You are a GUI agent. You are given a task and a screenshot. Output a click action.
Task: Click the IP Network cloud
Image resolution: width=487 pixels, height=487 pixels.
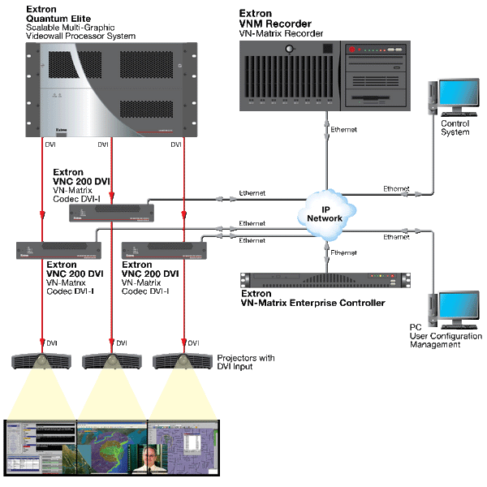[x=324, y=214]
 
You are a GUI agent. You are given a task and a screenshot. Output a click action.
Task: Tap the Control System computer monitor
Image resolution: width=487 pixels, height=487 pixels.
[x=459, y=97]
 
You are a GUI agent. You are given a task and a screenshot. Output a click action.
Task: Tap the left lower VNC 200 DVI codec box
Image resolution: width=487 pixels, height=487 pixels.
[x=57, y=251]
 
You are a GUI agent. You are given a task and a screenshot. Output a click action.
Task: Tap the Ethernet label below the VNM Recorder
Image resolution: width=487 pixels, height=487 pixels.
[x=344, y=130]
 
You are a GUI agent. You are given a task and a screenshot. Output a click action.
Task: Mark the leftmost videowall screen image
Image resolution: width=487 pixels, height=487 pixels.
[x=40, y=447]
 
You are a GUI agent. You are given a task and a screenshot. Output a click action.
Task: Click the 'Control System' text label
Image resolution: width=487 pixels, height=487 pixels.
[x=455, y=128]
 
